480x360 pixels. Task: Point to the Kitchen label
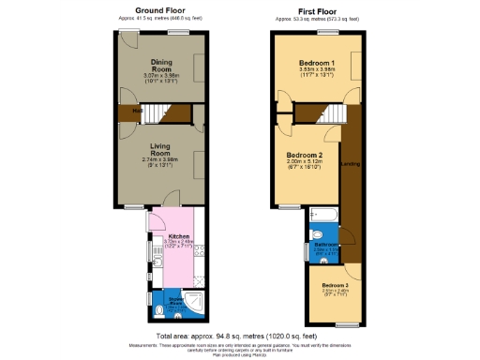tap(179, 236)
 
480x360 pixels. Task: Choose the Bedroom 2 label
tap(305, 155)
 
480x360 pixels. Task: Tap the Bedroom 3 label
tap(335, 284)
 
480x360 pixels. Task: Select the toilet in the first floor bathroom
tap(316, 233)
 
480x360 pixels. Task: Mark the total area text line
tap(240, 335)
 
